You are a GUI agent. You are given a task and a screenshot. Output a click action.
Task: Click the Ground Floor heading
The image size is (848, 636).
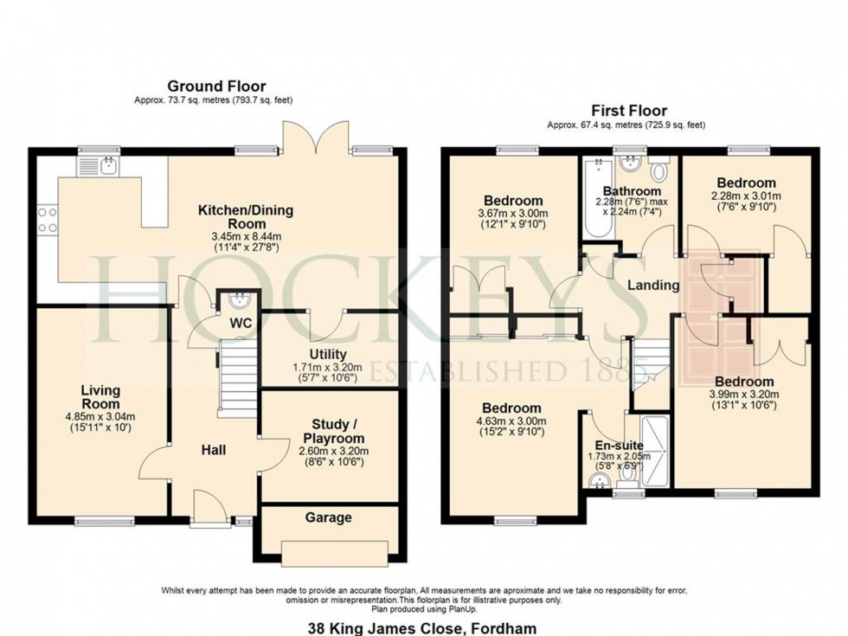(216, 86)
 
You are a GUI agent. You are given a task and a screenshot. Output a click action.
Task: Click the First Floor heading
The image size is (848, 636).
(629, 111)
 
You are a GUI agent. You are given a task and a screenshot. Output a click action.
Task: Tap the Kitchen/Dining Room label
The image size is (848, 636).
(246, 217)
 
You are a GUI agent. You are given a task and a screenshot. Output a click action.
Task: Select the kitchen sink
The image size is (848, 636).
(100, 166)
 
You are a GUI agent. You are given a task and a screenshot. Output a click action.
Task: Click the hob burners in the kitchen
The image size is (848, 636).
(47, 220)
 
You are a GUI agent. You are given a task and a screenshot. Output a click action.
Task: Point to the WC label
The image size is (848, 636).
(241, 324)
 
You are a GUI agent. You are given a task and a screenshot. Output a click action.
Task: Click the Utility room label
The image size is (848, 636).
(328, 354)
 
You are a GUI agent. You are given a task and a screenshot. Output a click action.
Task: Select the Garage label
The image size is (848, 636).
(328, 517)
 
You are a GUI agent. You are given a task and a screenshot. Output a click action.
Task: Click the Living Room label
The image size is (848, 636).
(100, 397)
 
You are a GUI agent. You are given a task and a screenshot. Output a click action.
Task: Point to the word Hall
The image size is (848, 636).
(214, 450)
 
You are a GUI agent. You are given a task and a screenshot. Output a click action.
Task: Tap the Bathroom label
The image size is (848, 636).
(632, 191)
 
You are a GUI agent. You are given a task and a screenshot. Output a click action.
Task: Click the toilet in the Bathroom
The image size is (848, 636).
(658, 170)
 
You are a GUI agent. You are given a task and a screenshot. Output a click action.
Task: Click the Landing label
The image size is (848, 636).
(653, 285)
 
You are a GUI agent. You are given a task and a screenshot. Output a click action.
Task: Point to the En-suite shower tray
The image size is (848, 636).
(654, 451)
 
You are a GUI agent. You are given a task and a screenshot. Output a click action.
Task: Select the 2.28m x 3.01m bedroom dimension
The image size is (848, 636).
(747, 196)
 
